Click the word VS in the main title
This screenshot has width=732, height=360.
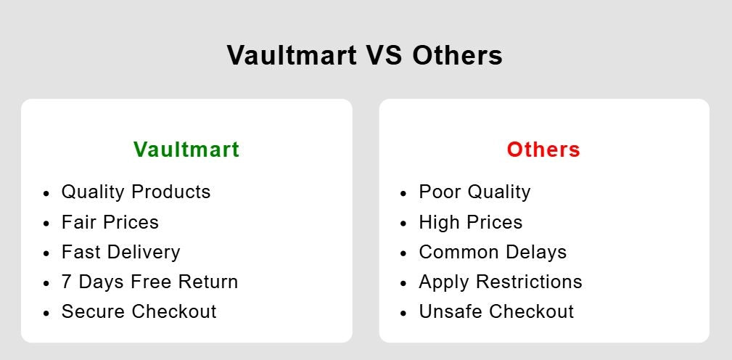tap(384, 54)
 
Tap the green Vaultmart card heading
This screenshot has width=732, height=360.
tap(186, 150)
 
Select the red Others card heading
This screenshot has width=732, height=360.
tap(543, 150)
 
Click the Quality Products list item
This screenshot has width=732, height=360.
tap(136, 192)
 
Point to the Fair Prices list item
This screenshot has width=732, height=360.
tap(110, 222)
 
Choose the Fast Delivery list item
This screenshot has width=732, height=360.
tap(121, 252)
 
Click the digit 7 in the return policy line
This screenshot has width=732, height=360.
tap(66, 282)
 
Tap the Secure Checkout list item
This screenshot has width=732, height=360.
tap(139, 311)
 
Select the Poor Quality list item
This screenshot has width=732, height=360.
tap(474, 192)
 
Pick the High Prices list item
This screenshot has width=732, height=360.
tap(471, 222)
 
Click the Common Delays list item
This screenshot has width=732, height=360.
tap(493, 252)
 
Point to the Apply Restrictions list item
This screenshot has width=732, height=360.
tap(501, 282)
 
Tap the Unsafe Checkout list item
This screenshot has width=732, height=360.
tap(496, 311)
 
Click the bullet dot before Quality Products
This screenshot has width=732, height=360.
tap(46, 193)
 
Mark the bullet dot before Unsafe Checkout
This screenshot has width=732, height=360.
tap(403, 313)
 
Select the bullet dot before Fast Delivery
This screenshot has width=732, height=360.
tap(46, 253)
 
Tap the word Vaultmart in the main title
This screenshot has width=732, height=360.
tap(292, 54)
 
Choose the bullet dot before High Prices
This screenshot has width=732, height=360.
tap(403, 224)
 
